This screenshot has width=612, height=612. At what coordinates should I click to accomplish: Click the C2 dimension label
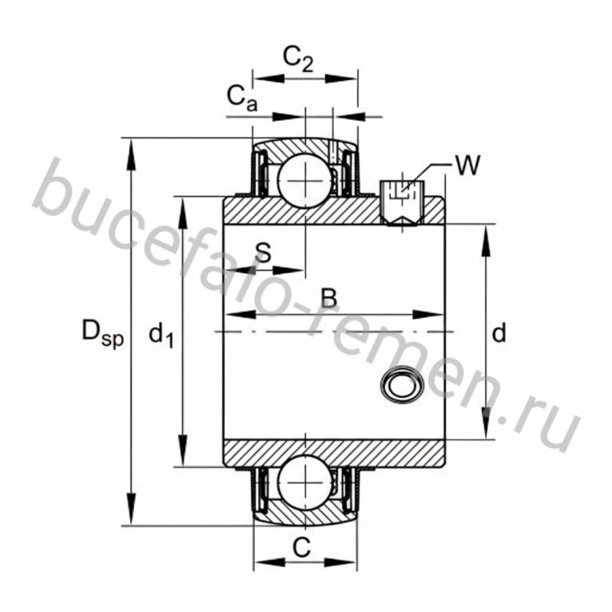click(298, 60)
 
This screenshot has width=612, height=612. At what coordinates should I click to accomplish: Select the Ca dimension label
click(243, 98)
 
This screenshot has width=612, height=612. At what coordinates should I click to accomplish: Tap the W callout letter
click(467, 165)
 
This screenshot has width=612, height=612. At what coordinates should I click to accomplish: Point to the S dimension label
click(263, 252)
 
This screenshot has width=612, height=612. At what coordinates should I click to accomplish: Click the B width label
click(329, 298)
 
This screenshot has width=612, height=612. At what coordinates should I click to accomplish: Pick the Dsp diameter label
click(103, 333)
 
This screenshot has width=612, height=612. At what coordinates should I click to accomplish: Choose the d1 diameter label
click(161, 336)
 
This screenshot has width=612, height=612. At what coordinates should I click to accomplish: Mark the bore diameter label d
click(499, 334)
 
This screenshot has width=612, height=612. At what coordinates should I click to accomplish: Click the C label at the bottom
click(301, 548)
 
